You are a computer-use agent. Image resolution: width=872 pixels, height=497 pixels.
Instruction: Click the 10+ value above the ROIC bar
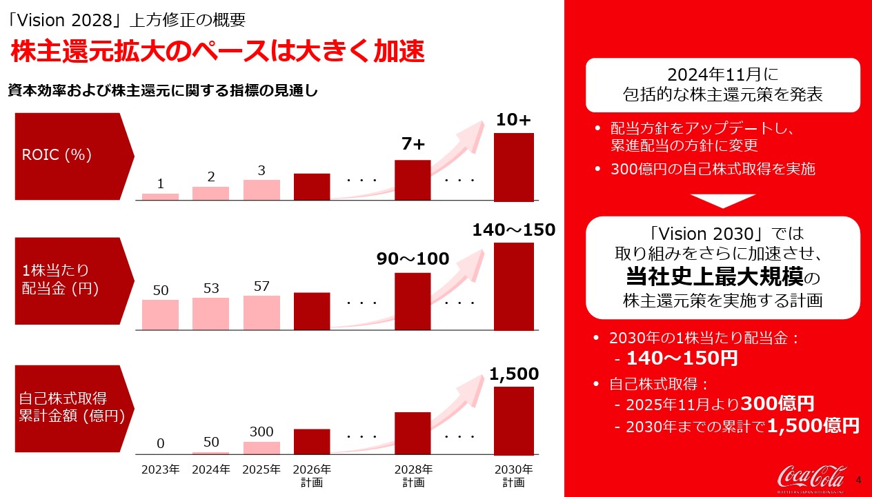tap(514, 120)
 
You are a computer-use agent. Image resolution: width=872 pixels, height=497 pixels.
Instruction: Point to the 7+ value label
tap(413, 145)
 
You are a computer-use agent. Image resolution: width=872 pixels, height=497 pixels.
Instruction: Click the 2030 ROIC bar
tap(514, 167)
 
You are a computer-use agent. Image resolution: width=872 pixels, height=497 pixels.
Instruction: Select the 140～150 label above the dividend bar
tap(514, 230)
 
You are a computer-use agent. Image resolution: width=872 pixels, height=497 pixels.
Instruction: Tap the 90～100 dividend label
tap(413, 259)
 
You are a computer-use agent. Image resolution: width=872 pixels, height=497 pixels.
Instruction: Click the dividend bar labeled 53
tap(210, 314)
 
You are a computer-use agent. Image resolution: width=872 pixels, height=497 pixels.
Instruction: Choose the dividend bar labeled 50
tap(160, 314)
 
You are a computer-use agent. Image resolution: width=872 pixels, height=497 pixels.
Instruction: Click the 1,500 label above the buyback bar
tap(514, 374)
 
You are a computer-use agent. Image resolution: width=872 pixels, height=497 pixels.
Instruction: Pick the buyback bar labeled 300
tap(261, 447)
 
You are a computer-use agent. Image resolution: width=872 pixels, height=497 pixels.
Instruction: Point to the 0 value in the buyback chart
tap(160, 443)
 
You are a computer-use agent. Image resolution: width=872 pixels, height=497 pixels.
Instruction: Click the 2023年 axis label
tap(160, 470)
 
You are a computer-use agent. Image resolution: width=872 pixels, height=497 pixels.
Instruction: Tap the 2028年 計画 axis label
tap(413, 476)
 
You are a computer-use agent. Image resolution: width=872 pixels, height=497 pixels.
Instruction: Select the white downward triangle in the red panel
tap(722, 201)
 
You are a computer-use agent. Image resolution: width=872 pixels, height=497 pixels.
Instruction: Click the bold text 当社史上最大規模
tap(715, 278)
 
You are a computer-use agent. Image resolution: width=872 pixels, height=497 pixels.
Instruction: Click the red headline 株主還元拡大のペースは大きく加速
tap(215, 54)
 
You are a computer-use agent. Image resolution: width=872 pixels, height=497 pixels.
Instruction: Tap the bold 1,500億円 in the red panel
tap(813, 426)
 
